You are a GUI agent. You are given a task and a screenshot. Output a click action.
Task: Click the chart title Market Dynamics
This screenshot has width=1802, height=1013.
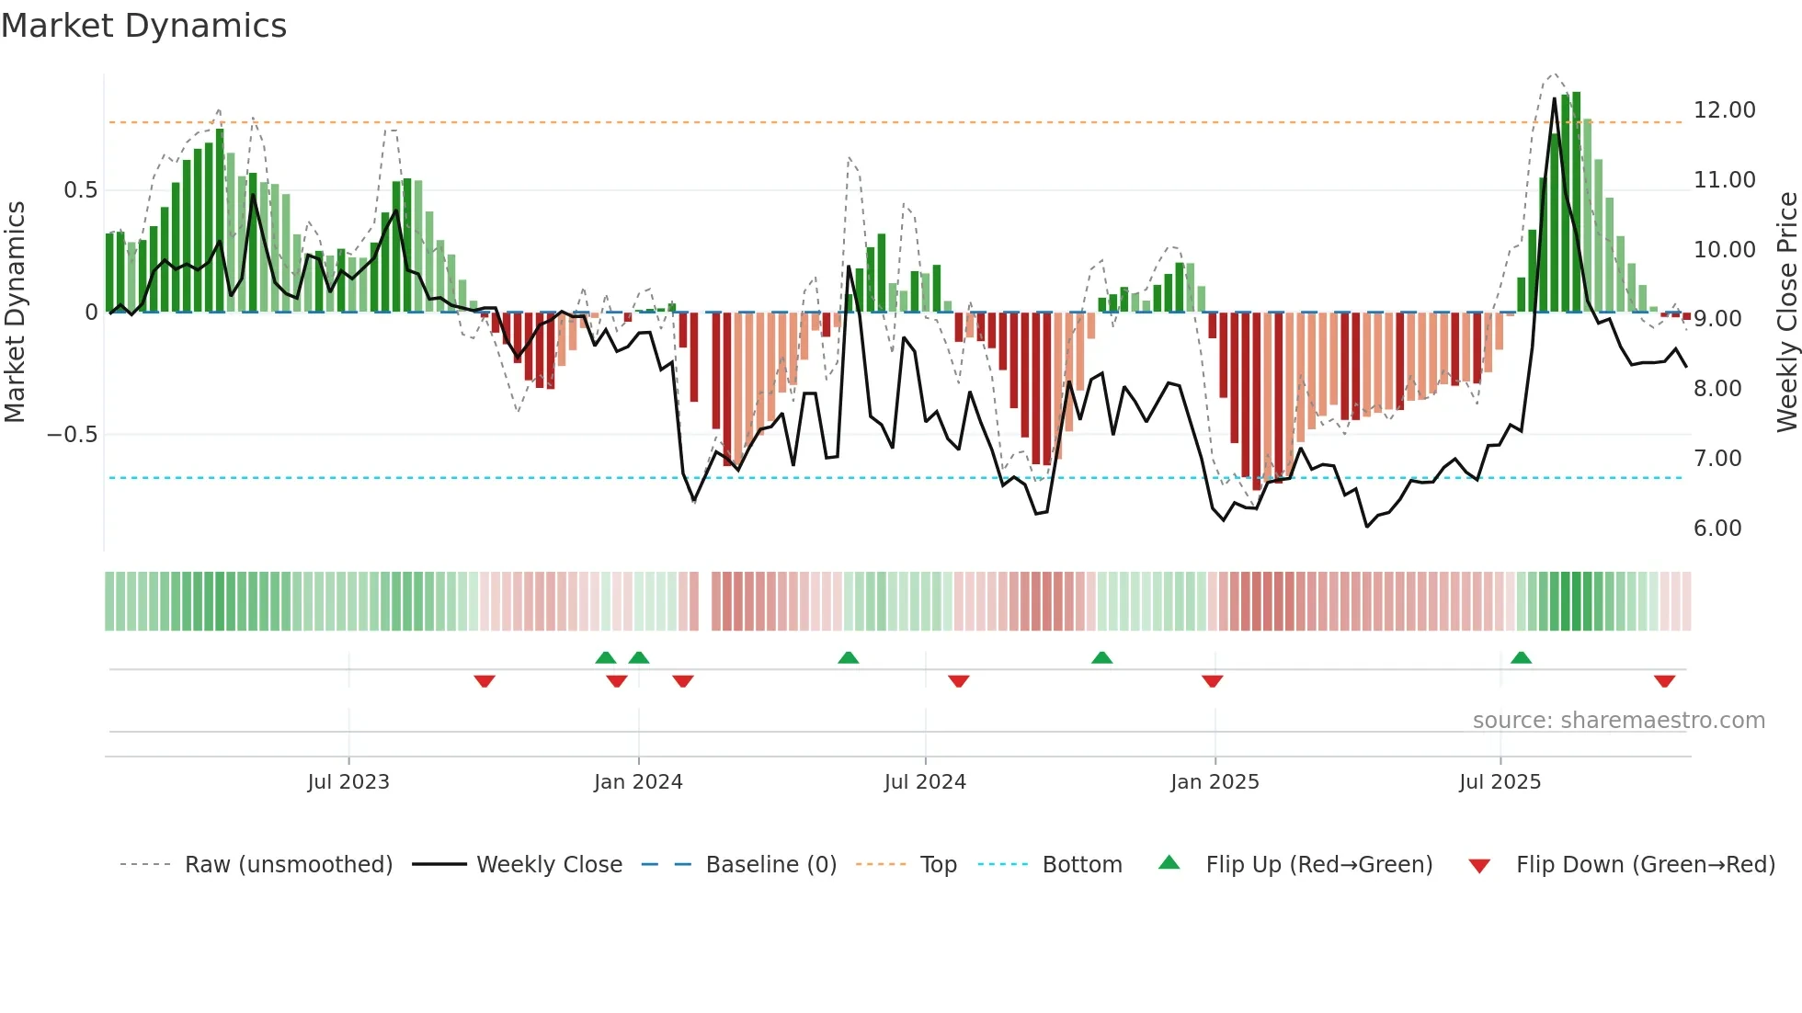tap(143, 26)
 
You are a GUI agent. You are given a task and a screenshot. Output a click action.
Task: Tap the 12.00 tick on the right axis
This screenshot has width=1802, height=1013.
tap(1724, 110)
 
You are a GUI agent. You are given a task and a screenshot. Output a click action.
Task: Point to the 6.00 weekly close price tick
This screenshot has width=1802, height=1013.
tap(1716, 529)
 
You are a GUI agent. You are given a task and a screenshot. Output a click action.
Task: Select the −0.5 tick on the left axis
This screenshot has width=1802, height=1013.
tap(72, 435)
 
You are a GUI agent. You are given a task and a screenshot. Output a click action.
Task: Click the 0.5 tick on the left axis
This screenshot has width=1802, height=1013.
tap(80, 190)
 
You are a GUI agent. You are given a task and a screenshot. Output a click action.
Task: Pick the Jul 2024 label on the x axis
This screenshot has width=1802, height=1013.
tap(925, 782)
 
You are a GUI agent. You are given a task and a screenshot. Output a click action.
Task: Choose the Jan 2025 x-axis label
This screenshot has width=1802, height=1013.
tap(1215, 782)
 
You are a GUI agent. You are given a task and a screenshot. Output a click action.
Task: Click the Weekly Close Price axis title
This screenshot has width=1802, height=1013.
tap(1786, 313)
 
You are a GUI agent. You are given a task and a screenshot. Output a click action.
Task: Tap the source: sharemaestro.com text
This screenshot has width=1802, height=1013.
tap(1618, 721)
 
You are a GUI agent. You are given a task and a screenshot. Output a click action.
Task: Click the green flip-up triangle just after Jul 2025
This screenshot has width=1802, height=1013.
tap(1521, 657)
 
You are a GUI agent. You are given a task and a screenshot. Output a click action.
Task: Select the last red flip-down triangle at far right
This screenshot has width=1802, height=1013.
tap(1664, 681)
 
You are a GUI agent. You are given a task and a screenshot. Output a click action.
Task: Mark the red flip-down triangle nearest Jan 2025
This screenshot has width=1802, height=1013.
tap(1212, 681)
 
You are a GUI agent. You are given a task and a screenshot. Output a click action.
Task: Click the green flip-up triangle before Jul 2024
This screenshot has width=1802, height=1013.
tap(848, 657)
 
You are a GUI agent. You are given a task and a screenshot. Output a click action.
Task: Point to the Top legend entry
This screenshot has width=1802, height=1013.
tap(938, 865)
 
